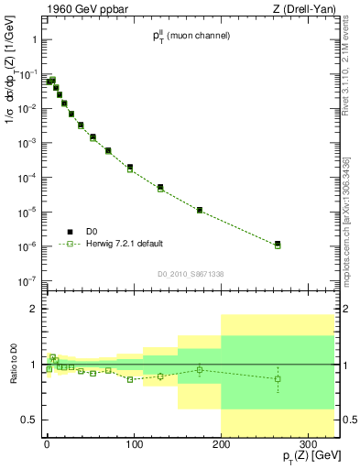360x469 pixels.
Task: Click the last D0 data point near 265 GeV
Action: pos(278,244)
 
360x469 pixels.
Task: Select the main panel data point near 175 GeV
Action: pos(200,210)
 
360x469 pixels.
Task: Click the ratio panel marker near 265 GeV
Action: pos(278,378)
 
